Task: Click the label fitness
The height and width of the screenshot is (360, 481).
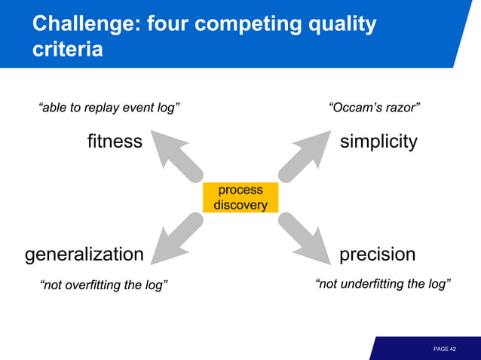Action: tap(115, 141)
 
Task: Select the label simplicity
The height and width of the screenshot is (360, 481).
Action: tap(378, 141)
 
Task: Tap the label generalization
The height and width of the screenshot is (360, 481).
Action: tap(84, 255)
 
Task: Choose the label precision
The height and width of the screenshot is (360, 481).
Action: tap(377, 255)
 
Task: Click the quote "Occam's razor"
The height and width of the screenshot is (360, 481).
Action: tap(374, 108)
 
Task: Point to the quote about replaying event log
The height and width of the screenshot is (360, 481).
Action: tap(109, 108)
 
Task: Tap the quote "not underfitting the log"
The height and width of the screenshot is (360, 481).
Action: tap(382, 284)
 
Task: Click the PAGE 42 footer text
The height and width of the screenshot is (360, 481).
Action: tap(445, 349)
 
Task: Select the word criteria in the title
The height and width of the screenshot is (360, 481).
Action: tap(68, 50)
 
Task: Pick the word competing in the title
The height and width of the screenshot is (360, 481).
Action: tap(244, 24)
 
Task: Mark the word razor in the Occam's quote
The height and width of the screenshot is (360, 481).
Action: tap(401, 108)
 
